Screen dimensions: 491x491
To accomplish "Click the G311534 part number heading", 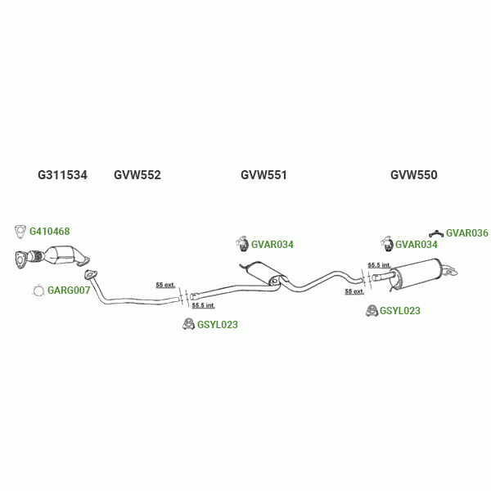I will [62, 175].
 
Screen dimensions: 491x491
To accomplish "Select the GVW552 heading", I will [137, 175].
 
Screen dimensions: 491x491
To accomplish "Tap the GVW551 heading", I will [264, 175].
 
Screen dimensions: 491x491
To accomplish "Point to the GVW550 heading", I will [413, 175].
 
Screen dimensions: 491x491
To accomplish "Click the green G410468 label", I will [50, 232].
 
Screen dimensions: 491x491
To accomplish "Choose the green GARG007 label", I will [69, 291].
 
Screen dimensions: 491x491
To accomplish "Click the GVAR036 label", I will [466, 233].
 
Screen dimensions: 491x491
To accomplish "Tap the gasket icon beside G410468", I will [21, 231].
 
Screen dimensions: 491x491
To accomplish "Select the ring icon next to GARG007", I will [38, 291].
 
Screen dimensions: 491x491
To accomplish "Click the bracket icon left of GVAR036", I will [437, 234].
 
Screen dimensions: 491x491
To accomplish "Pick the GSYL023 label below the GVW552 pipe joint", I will [217, 325].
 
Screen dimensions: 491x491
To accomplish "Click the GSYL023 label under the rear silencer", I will [399, 311].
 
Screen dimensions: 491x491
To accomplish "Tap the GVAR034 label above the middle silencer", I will [272, 245].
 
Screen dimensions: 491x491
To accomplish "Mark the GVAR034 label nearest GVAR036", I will [416, 245].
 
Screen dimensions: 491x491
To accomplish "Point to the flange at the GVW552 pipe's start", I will [91, 276].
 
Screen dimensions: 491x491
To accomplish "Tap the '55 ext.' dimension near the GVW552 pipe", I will [165, 285].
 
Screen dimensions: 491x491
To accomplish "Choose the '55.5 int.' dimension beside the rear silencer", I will [379, 265].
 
